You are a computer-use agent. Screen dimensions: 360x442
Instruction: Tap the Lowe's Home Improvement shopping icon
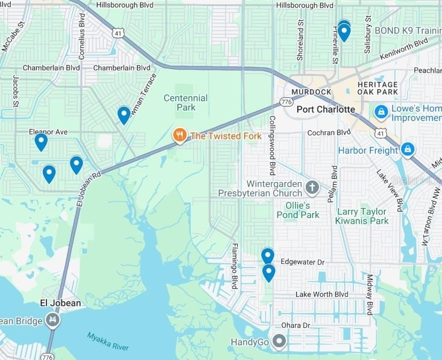[x=381, y=112]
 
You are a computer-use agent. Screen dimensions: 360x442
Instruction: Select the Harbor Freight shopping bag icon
[x=407, y=150]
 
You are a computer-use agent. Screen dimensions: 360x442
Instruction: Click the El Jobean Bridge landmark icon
[x=53, y=320]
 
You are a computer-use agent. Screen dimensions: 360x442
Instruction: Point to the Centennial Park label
[x=185, y=103]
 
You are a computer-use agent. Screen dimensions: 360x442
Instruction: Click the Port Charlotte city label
[x=325, y=109]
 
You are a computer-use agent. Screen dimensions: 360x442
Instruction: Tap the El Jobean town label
[x=61, y=303]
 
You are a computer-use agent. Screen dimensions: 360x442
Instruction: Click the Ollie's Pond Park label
[x=298, y=210]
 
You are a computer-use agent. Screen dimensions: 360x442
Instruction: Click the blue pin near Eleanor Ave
[x=41, y=142]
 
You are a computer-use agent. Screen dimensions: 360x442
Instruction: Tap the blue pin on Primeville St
[x=344, y=32]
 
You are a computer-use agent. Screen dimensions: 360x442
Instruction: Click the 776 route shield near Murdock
[x=286, y=101]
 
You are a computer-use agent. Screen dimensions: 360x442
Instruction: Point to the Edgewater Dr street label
[x=302, y=263]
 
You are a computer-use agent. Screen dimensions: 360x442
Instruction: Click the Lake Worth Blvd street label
[x=322, y=294]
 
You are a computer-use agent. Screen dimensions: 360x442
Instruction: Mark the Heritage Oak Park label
[x=378, y=88]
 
